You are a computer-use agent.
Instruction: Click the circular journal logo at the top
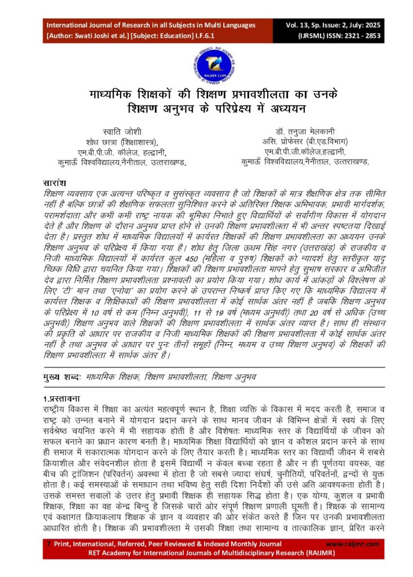(x=206, y=63)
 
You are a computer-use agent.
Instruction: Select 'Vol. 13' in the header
(x=296, y=25)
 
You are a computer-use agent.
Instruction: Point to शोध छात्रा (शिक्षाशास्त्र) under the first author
(x=118, y=141)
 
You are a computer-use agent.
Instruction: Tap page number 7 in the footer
(x=49, y=544)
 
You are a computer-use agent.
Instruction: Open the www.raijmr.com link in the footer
(x=349, y=544)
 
